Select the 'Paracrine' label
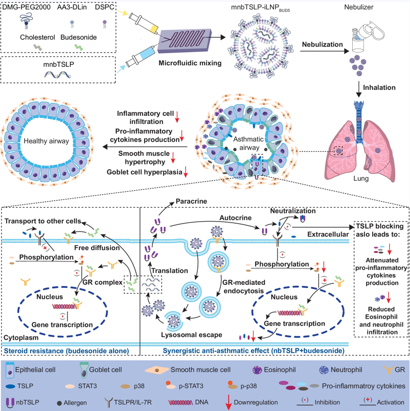(191, 202)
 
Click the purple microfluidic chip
(184, 42)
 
